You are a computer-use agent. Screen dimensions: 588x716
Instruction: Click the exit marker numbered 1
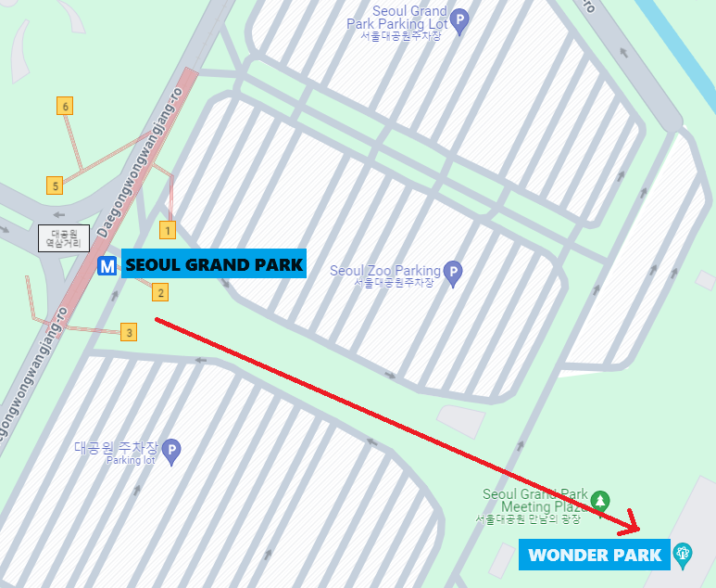[x=168, y=228]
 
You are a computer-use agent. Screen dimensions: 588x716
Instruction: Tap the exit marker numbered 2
[x=160, y=293]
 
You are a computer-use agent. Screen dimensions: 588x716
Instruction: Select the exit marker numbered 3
[x=129, y=331]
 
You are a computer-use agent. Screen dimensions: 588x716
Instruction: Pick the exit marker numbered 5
[x=56, y=185]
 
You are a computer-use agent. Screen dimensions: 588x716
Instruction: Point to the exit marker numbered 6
[x=65, y=106]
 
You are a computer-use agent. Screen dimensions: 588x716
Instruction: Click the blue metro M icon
[x=107, y=266]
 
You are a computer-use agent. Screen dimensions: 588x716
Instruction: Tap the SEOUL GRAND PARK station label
[x=214, y=265]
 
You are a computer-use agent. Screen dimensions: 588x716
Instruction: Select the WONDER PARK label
[x=595, y=556]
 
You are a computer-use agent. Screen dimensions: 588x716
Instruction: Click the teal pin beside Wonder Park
[x=684, y=555]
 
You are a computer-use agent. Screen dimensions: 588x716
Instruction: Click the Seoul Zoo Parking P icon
[x=452, y=273]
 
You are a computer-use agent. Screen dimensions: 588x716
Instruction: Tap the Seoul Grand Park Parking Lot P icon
[x=459, y=18]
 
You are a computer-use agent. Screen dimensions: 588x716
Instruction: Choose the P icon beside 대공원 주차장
[x=171, y=452]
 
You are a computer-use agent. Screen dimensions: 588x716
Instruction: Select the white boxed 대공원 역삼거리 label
[x=63, y=238]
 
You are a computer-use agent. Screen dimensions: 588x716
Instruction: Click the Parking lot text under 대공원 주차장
[x=130, y=460]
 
